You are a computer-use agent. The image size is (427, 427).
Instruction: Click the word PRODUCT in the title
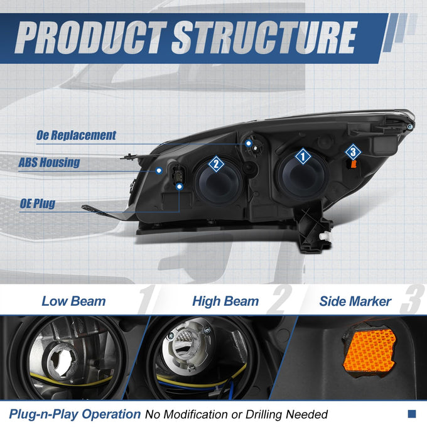click(x=91, y=37)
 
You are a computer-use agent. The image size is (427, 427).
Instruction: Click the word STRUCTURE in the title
click(x=264, y=37)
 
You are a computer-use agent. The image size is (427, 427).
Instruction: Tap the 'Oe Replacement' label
click(x=76, y=136)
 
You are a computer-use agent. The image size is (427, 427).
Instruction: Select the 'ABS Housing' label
click(x=49, y=163)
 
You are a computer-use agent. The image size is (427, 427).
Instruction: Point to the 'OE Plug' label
click(x=38, y=203)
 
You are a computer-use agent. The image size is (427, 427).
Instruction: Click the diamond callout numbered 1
click(x=303, y=156)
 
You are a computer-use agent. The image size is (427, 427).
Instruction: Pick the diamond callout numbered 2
click(x=216, y=164)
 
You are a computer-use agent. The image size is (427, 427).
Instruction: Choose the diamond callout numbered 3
click(x=353, y=152)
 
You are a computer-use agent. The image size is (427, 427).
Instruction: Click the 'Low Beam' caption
click(x=73, y=301)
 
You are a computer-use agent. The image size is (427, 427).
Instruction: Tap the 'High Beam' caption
click(x=225, y=301)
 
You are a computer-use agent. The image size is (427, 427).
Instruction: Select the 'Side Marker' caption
click(x=355, y=301)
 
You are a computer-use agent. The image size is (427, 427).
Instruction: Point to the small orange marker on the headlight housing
click(x=354, y=165)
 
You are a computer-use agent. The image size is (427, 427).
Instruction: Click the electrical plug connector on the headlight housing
click(x=178, y=176)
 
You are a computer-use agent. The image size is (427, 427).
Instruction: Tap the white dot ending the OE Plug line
click(x=179, y=186)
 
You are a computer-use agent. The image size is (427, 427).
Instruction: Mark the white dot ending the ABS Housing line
click(x=159, y=171)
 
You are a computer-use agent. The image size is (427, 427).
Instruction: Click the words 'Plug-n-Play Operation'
click(x=75, y=414)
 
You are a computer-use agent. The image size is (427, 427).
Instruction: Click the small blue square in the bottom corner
click(x=412, y=414)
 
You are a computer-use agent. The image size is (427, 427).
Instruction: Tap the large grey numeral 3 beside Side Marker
click(x=412, y=300)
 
